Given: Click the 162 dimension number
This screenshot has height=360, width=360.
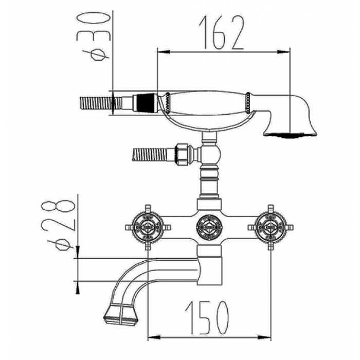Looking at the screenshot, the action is coord(221,32).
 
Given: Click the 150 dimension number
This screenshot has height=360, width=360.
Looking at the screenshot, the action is coord(207,318).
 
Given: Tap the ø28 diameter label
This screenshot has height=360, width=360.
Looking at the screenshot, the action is coord(58,225).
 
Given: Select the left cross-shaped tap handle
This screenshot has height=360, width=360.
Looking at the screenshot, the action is coord(148,227).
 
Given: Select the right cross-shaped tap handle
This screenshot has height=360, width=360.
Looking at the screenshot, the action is coord(271,227).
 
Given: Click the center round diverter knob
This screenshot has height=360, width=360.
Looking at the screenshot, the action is coord(209,227).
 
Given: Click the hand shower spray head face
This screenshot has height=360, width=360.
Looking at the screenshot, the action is coord(290,135).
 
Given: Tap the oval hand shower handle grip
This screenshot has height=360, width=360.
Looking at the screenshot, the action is coord(208,103).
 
